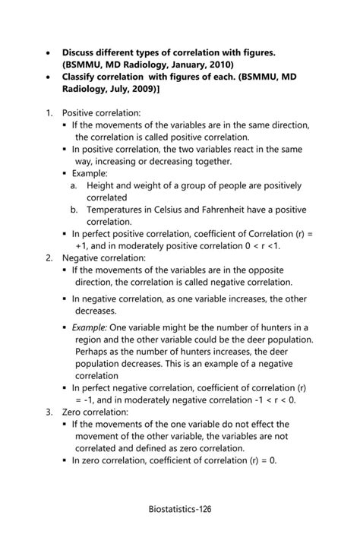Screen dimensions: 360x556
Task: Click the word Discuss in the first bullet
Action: pos(82,52)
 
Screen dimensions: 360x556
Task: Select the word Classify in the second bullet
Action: pos(84,77)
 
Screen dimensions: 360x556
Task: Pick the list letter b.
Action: pos(74,210)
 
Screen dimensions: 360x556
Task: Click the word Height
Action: pos(102,185)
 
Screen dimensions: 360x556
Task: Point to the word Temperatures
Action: pos(121,210)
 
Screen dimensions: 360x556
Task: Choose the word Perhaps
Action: pos(93,352)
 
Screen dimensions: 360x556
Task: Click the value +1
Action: pos(83,246)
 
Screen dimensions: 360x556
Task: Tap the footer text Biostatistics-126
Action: pos(180,508)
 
